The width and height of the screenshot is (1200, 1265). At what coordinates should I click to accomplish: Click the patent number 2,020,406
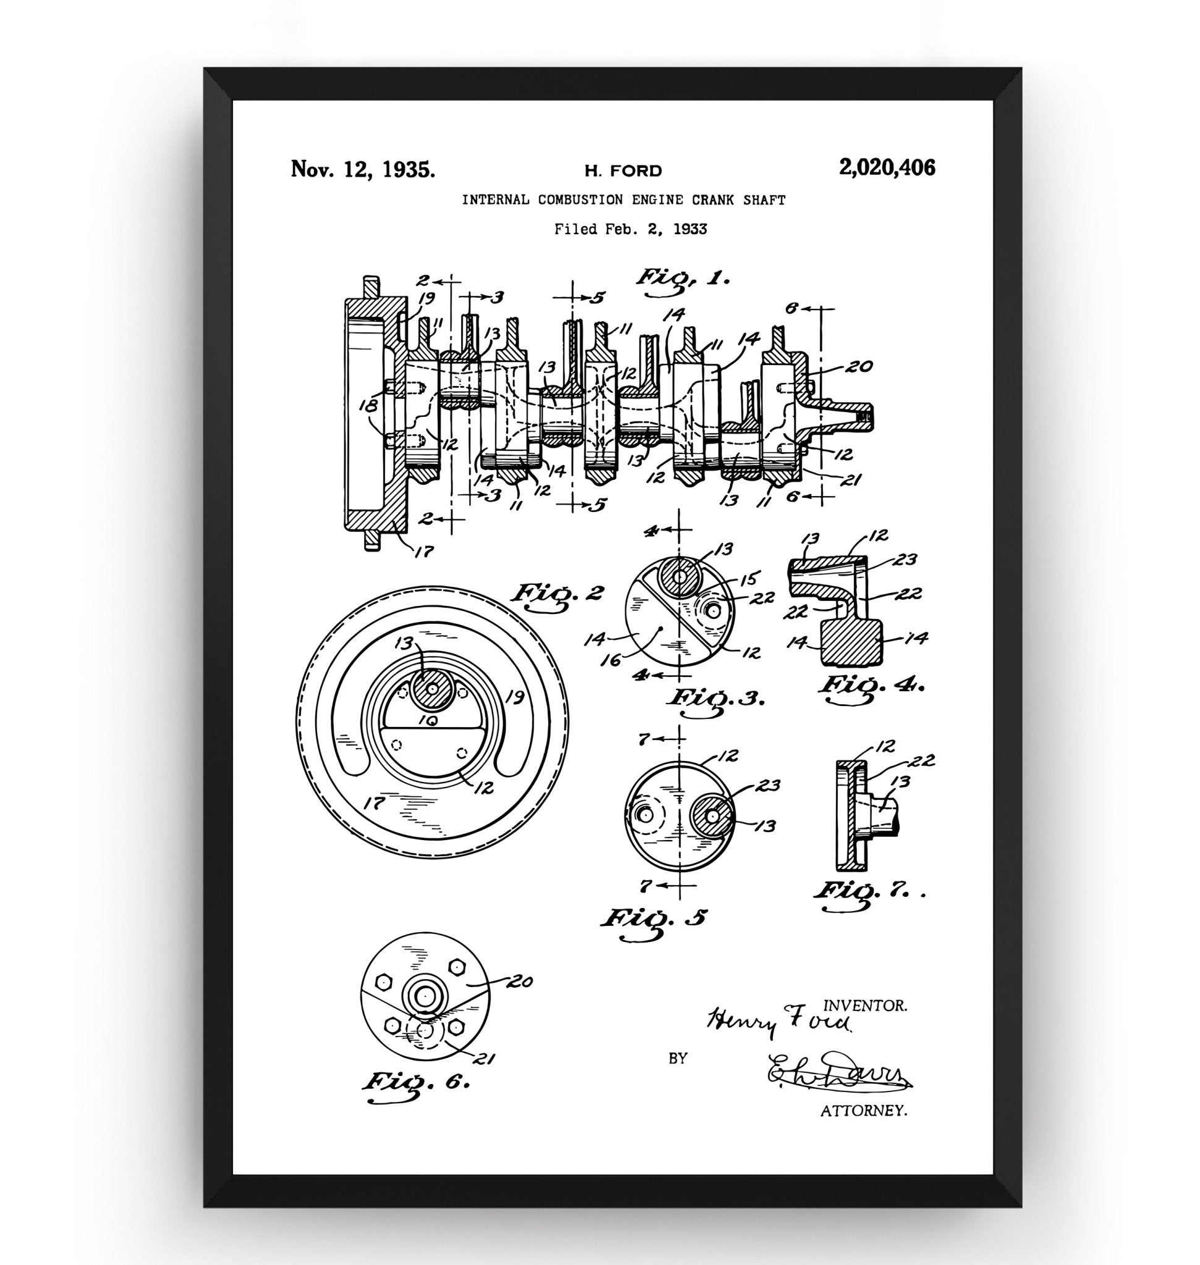click(887, 169)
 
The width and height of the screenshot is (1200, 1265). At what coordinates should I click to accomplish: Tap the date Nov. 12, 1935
click(363, 169)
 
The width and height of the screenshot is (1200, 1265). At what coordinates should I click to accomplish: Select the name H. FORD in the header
click(623, 170)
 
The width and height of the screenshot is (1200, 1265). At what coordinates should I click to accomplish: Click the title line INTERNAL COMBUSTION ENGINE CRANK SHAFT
click(623, 200)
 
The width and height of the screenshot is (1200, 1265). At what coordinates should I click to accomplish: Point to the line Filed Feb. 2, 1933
click(630, 229)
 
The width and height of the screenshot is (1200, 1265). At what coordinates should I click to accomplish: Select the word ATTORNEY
click(864, 1111)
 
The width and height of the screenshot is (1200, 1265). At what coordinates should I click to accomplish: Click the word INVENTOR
click(864, 1006)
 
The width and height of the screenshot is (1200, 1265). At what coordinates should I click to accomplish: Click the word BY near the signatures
click(678, 1059)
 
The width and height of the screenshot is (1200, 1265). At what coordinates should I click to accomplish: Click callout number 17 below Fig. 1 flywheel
click(423, 550)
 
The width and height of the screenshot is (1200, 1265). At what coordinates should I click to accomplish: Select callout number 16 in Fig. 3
click(613, 659)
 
